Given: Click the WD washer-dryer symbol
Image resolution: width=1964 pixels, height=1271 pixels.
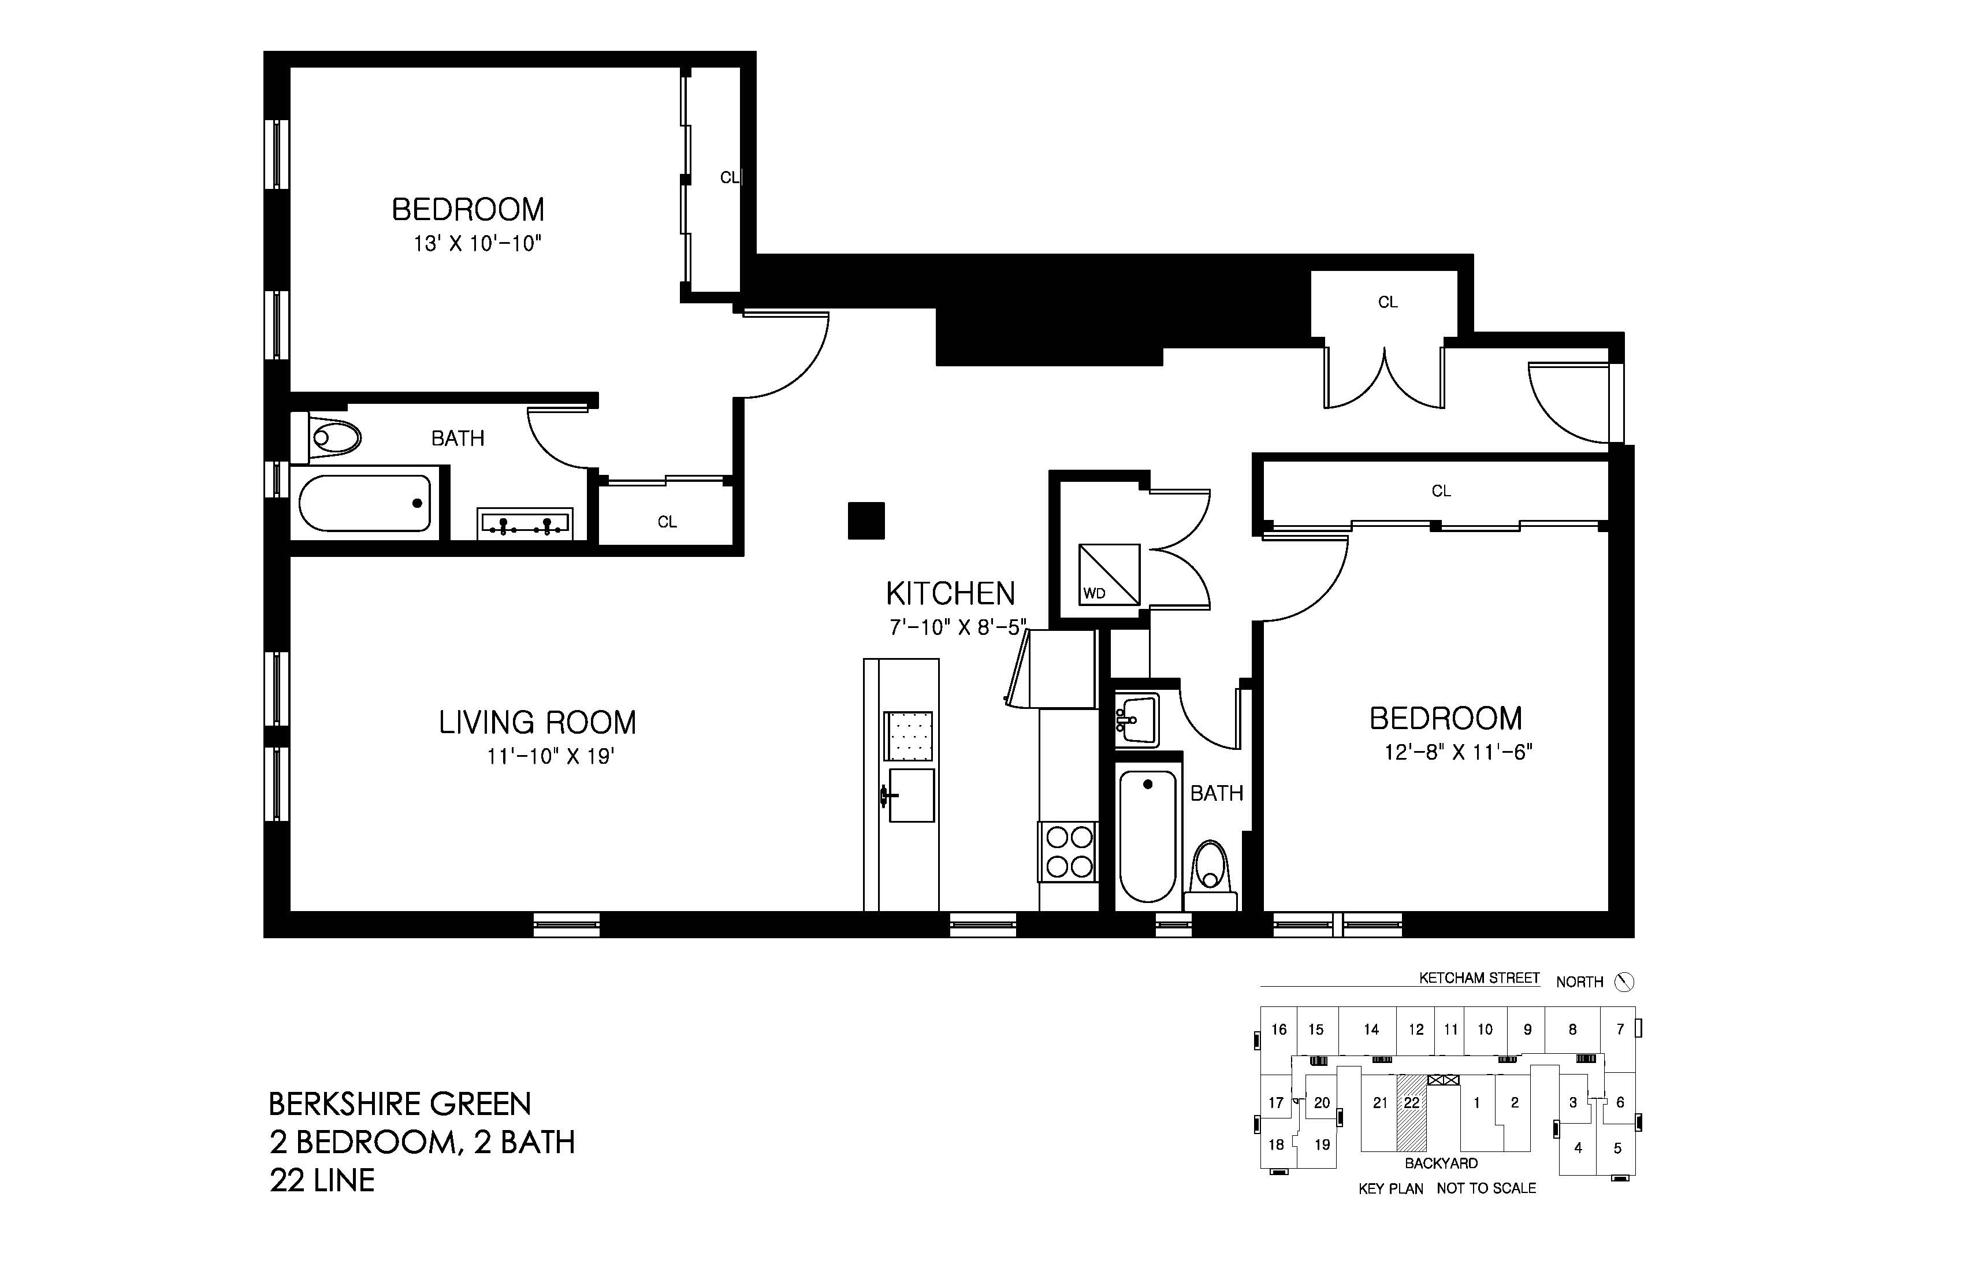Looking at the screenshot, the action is click(1109, 574).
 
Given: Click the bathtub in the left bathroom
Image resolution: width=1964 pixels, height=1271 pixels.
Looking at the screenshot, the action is click(364, 503).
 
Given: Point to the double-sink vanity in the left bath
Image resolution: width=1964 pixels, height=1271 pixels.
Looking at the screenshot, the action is click(525, 524).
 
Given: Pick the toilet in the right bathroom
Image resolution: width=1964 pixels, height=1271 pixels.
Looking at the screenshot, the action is click(1211, 876).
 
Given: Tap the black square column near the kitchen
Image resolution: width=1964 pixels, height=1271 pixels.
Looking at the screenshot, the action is click(866, 521).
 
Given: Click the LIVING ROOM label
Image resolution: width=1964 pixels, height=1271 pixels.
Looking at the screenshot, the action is click(537, 723).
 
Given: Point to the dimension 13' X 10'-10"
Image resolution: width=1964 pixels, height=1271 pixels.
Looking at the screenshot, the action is click(477, 244).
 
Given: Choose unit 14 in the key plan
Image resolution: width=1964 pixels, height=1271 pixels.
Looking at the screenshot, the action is click(1371, 1029).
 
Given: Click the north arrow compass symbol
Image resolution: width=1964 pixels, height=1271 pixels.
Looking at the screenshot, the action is click(1624, 982).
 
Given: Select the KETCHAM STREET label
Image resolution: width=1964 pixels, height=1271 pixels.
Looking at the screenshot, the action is click(1479, 978).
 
